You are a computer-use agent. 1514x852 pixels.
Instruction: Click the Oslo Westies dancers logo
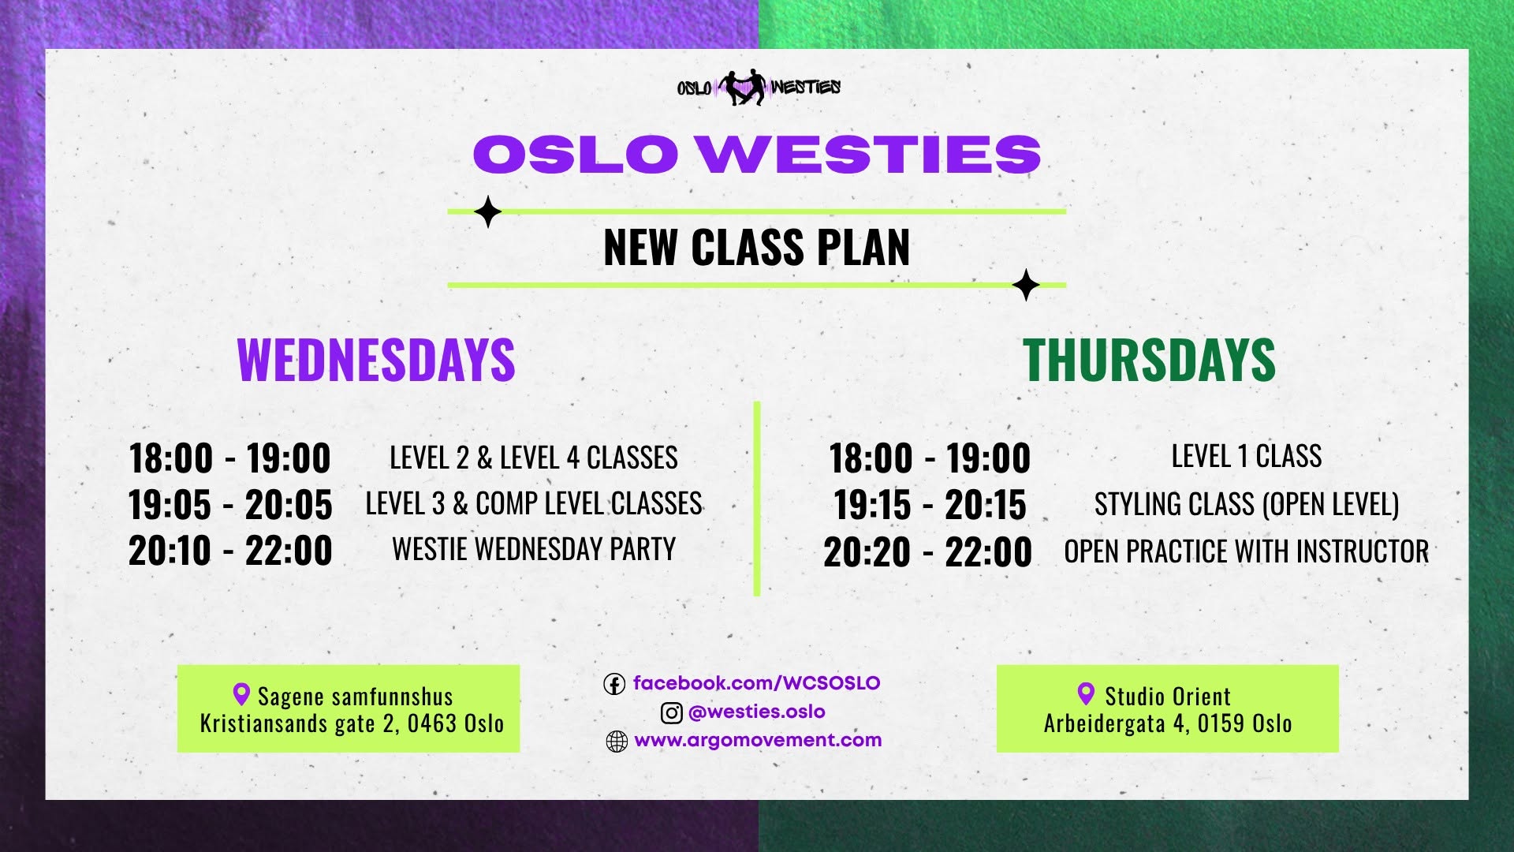pyautogui.click(x=759, y=87)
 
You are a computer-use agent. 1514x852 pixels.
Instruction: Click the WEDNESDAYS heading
pyautogui.click(x=376, y=361)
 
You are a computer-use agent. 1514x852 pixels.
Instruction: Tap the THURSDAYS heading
pyautogui.click(x=1149, y=361)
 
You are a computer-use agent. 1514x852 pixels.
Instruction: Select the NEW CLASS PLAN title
pyautogui.click(x=757, y=248)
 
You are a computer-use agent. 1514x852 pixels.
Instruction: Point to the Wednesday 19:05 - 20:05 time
pyautogui.click(x=230, y=505)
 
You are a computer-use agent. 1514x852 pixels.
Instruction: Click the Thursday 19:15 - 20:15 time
pyautogui.click(x=930, y=505)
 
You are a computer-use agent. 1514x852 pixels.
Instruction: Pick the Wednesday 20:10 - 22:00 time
pyautogui.click(x=230, y=551)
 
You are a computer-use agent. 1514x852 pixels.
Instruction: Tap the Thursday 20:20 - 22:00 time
pyautogui.click(x=928, y=552)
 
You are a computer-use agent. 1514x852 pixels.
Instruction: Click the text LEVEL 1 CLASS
pyautogui.click(x=1247, y=456)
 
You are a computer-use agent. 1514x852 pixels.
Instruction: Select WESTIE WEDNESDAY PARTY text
pyautogui.click(x=534, y=549)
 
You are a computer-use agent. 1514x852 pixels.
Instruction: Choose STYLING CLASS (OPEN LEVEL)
pyautogui.click(x=1247, y=505)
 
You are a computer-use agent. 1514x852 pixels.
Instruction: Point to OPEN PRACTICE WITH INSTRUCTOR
pyautogui.click(x=1247, y=551)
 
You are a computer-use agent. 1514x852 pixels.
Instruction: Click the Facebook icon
pyautogui.click(x=614, y=684)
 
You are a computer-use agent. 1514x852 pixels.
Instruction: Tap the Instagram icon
pyautogui.click(x=671, y=713)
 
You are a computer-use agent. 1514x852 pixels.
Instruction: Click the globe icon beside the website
pyautogui.click(x=617, y=742)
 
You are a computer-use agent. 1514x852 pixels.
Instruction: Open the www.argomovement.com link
pyautogui.click(x=758, y=740)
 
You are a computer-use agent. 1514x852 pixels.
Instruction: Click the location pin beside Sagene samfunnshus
pyautogui.click(x=241, y=694)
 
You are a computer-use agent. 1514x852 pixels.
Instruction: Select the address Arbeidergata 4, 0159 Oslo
pyautogui.click(x=1168, y=723)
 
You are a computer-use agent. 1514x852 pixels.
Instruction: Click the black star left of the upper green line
pyautogui.click(x=488, y=211)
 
